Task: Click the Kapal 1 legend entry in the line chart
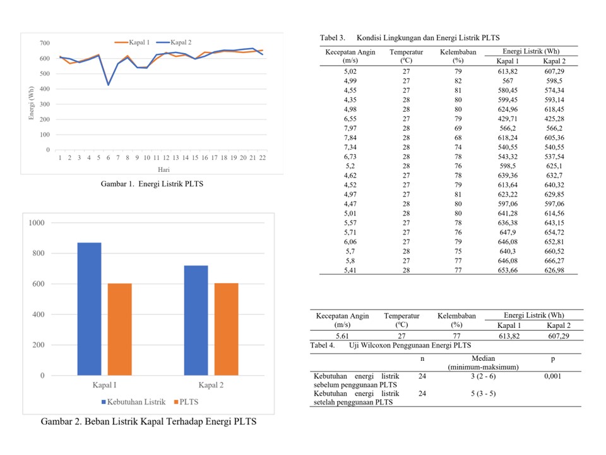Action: (x=132, y=42)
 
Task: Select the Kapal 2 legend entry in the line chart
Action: (x=174, y=42)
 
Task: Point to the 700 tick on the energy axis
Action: (x=44, y=43)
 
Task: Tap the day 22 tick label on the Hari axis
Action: (x=263, y=157)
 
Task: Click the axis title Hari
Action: (x=163, y=169)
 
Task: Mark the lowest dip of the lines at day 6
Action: (x=108, y=85)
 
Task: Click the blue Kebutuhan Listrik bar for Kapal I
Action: (x=89, y=309)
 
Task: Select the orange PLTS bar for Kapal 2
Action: (x=226, y=329)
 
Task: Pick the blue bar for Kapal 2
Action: (x=196, y=320)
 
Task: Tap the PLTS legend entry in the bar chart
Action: (x=186, y=402)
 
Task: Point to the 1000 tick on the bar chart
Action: (x=37, y=223)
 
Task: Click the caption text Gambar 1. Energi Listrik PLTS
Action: (x=152, y=184)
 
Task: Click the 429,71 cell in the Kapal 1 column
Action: (x=508, y=119)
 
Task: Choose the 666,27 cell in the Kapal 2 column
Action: (x=554, y=261)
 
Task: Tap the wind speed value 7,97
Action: (x=350, y=128)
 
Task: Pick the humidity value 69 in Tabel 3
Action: (x=458, y=128)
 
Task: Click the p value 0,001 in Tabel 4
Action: (x=553, y=376)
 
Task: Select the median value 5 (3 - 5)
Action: (x=483, y=394)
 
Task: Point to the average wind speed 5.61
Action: (x=342, y=336)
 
